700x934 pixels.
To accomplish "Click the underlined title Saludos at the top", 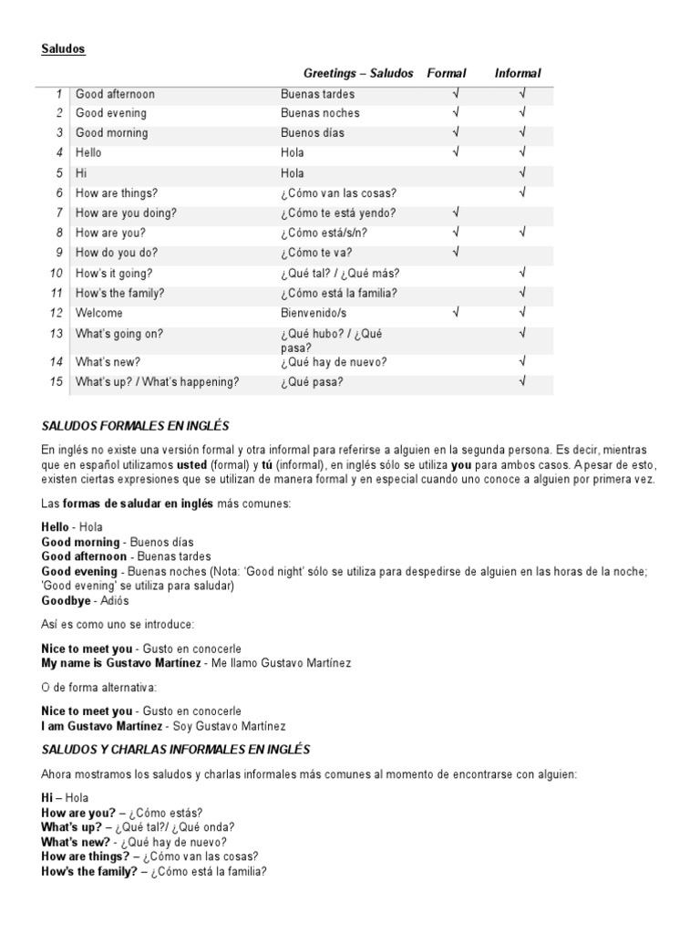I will (63, 48).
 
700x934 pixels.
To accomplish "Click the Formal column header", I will (447, 73).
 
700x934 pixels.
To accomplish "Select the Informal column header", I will (518, 73).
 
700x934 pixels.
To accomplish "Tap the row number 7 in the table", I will (59, 213).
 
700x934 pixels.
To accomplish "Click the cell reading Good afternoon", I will (115, 94).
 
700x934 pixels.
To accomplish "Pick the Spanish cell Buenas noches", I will (320, 113).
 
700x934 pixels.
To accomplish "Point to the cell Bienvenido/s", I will (313, 312).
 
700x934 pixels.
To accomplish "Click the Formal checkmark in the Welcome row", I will (455, 312).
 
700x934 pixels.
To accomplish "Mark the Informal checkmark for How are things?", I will (523, 192).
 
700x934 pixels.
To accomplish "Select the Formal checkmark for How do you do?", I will (455, 252).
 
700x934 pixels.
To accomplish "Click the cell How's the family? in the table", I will (121, 293).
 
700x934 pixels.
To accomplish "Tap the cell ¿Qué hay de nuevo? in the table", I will (334, 362).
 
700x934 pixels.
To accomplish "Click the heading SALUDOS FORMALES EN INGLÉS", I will (136, 426).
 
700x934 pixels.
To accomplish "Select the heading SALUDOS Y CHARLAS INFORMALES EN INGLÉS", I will (176, 749).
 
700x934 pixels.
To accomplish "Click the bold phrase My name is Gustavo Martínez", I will (122, 662).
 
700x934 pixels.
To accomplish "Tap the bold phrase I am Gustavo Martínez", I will (102, 726).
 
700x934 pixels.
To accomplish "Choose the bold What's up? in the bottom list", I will (72, 827).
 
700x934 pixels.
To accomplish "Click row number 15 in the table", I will (57, 382).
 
